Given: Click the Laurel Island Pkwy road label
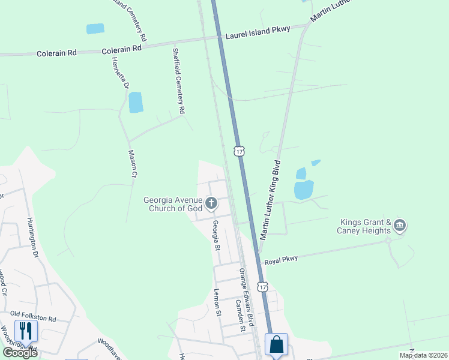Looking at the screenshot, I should [258, 32].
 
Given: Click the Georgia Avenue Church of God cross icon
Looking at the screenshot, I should [211, 204].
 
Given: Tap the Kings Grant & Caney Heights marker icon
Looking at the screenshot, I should [400, 226].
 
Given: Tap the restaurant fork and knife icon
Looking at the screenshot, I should [26, 331].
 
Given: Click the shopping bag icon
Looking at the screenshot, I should [276, 344].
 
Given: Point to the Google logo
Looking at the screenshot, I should [20, 353].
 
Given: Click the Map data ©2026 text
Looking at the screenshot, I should [423, 355].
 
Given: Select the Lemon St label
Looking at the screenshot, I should [218, 302].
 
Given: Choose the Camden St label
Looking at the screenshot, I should [240, 316].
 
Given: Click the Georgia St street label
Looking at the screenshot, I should [215, 235].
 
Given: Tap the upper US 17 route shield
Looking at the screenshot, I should [240, 151].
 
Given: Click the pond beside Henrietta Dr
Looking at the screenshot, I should [136, 103].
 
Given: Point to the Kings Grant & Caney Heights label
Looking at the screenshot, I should [366, 226].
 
